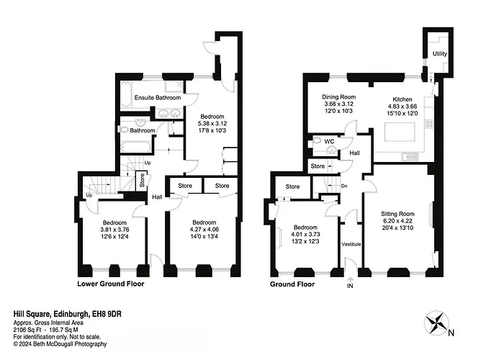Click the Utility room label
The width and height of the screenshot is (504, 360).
pos(439,54)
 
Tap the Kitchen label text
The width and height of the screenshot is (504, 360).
pos(402,99)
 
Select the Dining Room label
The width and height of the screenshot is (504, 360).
pos(339,96)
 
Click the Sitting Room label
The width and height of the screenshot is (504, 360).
pos(397,214)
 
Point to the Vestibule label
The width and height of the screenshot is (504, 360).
pos(351,244)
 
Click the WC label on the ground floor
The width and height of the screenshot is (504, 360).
pos(329,141)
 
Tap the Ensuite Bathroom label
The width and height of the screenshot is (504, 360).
pos(158,97)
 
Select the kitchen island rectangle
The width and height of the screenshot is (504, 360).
pos(400,132)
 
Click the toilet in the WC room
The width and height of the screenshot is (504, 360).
pos(318,140)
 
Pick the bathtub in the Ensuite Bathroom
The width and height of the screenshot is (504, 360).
pos(125,94)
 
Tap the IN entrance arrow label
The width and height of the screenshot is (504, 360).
pos(350,285)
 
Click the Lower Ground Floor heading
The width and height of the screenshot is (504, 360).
pos(111,284)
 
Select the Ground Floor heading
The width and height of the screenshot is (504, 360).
pos(292,284)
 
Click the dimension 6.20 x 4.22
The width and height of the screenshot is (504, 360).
pos(397,221)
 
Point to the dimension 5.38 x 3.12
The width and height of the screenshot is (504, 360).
pos(212,123)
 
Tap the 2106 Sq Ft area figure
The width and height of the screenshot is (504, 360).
pos(26,330)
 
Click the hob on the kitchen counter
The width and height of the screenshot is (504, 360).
pos(430,124)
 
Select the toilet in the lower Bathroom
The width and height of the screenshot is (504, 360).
pos(124,130)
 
